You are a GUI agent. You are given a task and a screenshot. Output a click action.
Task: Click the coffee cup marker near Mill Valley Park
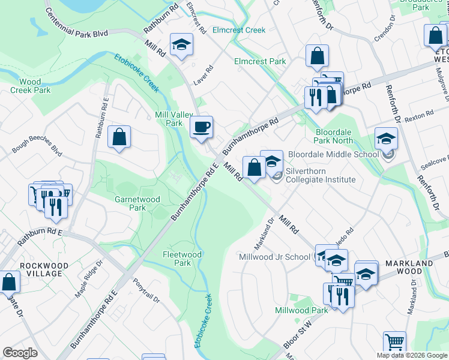coord(202,127)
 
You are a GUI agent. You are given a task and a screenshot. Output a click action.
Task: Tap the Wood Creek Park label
coord(31,86)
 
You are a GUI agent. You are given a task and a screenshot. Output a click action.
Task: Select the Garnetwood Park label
coord(130,203)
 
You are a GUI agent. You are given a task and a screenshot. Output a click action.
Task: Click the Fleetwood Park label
coord(182,259)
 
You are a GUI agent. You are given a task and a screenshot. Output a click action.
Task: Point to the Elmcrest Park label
coord(260,61)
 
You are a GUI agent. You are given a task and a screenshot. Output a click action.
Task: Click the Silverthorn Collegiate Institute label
coord(321,175)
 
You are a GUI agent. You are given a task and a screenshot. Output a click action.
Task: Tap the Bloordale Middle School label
coord(333,154)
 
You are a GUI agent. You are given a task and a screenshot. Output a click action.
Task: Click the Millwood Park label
coord(301,310)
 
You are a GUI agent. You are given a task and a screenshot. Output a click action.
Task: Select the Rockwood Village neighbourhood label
coord(41,269)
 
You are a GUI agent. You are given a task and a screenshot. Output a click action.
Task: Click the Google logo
coord(20,352)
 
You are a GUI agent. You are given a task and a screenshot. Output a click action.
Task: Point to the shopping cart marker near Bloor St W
coord(394,342)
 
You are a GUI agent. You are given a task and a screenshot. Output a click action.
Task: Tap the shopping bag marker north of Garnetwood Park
coord(120,137)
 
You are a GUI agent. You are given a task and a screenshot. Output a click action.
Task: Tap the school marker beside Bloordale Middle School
coord(386,139)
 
